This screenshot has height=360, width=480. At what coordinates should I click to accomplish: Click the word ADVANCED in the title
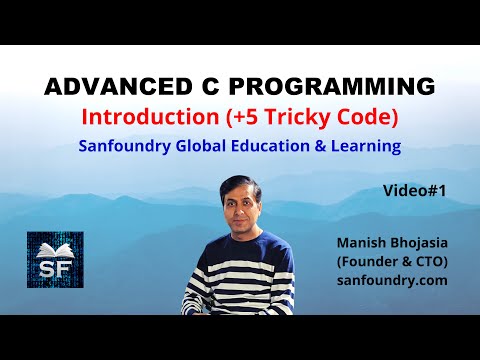click(x=118, y=87)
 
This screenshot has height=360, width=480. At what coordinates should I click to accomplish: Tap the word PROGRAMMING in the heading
click(x=332, y=87)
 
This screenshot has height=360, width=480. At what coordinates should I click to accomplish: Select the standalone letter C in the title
click(x=211, y=87)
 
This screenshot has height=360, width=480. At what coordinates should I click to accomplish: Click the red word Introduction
click(x=150, y=117)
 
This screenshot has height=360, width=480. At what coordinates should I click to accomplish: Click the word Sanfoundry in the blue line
click(x=125, y=146)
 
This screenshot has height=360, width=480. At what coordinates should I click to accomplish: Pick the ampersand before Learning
click(x=320, y=146)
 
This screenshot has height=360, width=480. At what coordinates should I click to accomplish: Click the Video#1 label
click(x=414, y=191)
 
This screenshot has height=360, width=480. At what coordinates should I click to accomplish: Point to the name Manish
click(x=361, y=243)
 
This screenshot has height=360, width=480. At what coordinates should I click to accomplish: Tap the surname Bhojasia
click(x=419, y=243)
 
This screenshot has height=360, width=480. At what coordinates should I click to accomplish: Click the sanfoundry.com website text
click(x=392, y=281)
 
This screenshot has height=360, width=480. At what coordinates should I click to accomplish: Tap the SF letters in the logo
click(x=55, y=268)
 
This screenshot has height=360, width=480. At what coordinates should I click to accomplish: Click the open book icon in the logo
click(x=55, y=250)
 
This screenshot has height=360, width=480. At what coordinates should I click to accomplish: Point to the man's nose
click(x=242, y=209)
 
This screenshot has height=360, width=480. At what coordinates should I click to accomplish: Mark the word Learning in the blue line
click(x=366, y=146)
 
